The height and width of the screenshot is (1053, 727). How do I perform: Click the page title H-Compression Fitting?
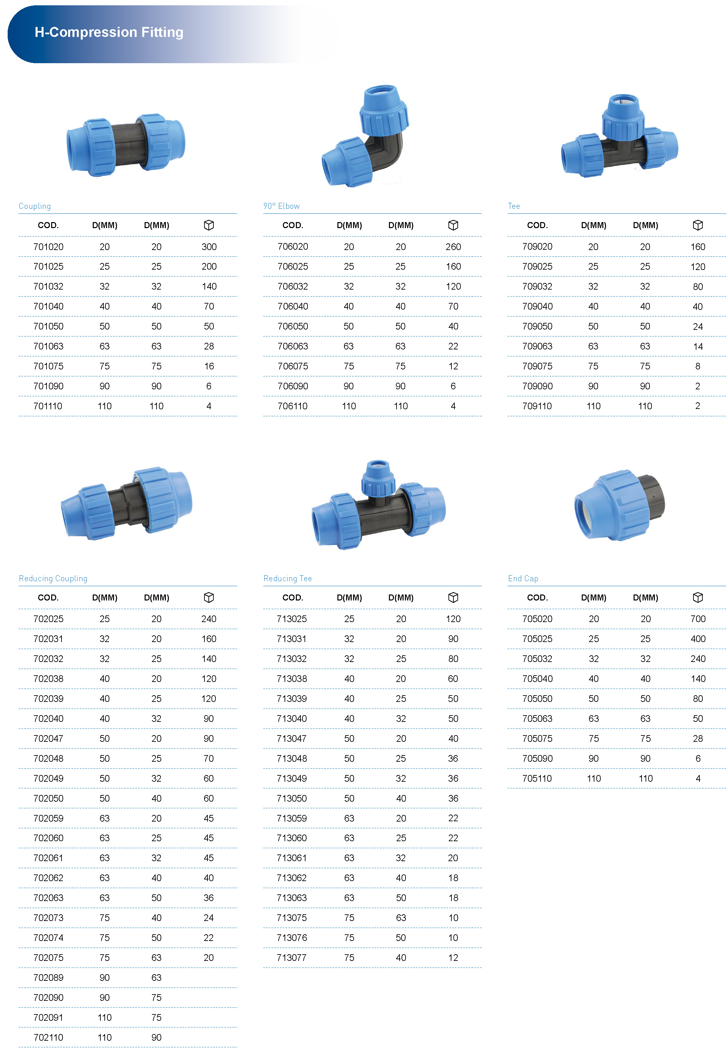109,32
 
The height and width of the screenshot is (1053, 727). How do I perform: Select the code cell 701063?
48,346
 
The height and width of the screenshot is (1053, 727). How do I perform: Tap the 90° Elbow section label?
282,206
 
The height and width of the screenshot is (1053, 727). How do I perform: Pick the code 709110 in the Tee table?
537,406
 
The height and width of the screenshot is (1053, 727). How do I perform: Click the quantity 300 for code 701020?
209,247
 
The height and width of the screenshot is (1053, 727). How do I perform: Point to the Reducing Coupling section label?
53,578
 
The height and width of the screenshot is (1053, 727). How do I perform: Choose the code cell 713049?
292,778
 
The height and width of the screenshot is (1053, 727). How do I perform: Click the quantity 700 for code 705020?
698,619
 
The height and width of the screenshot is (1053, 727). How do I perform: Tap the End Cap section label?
523,578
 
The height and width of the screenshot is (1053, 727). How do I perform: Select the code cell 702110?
48,1037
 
